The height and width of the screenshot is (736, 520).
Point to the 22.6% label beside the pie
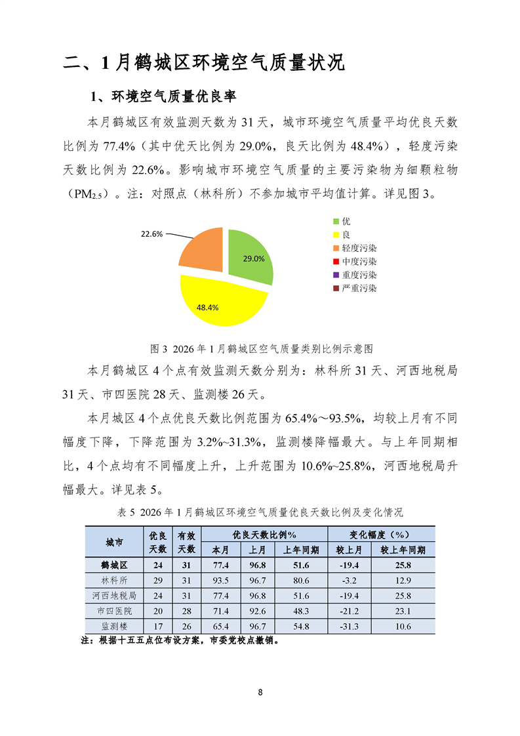pyautogui.click(x=151, y=233)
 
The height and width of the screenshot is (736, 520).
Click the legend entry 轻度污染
pyautogui.click(x=359, y=248)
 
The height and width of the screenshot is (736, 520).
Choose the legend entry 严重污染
pyautogui.click(x=359, y=288)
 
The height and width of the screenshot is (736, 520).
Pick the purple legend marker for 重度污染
pyautogui.click(x=336, y=275)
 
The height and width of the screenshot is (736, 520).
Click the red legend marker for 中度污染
pyautogui.click(x=336, y=262)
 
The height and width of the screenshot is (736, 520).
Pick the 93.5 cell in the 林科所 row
pyautogui.click(x=220, y=581)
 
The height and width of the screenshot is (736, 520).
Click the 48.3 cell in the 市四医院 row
pyautogui.click(x=302, y=611)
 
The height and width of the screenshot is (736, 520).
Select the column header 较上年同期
pyautogui.click(x=403, y=550)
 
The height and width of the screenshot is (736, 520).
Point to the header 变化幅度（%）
pyautogui.click(x=381, y=534)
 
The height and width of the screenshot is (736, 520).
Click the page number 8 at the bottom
pyautogui.click(x=260, y=693)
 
